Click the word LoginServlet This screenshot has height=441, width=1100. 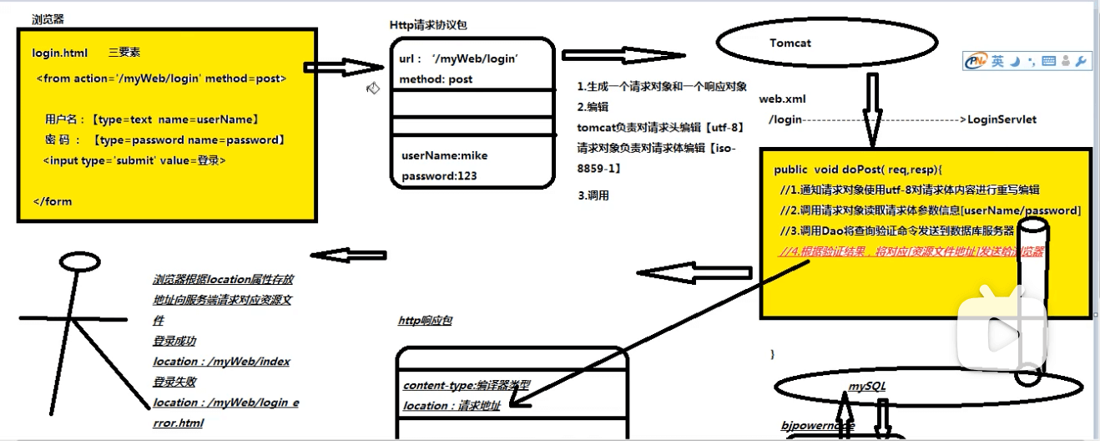1002,119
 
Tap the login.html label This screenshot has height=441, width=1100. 59,53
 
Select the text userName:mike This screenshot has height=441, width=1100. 444,155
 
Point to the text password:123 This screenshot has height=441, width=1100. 441,176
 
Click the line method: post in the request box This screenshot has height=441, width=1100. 436,79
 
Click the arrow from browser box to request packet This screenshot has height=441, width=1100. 342,67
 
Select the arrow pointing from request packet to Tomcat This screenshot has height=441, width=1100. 622,56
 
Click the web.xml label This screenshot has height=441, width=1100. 782,99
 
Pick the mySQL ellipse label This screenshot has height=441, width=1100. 867,385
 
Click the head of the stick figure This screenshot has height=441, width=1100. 78,261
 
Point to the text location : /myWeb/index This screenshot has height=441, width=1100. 221,362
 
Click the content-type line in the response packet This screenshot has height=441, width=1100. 466,385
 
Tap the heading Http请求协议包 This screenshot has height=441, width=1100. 434,26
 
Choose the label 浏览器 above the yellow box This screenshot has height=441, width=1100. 48,18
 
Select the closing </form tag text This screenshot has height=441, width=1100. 53,201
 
